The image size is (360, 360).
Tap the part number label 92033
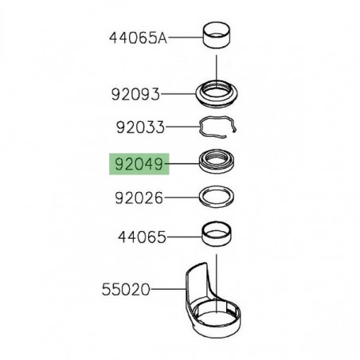(140, 127)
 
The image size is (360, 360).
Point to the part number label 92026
(140, 196)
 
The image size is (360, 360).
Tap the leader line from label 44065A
(185, 37)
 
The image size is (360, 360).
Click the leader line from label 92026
(182, 196)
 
